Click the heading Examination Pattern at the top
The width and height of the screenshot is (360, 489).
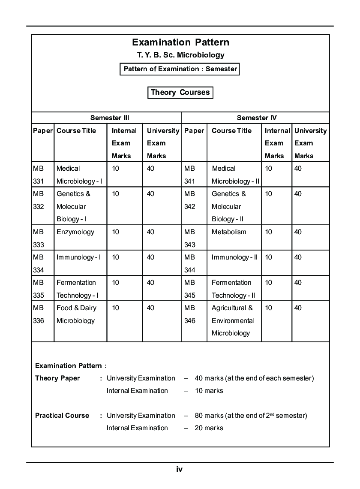point(180,42)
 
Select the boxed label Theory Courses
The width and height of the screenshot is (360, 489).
point(180,92)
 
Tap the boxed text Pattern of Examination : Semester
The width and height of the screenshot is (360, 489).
point(180,69)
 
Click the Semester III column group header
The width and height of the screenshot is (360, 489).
point(109,118)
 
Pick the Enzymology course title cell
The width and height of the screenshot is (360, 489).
point(75,232)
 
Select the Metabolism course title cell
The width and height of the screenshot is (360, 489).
point(229,232)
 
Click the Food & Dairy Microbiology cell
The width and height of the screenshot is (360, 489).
point(76,314)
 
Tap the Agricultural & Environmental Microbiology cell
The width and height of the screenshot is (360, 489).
point(232,320)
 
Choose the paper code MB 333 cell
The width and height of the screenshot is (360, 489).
point(38,238)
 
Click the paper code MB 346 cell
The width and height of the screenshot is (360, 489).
point(189,314)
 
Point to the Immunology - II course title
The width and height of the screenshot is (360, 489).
point(234,257)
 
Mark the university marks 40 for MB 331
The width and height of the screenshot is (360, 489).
point(150,169)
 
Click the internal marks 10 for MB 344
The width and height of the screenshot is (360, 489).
point(268,257)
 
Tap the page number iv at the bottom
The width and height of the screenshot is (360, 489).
point(179,469)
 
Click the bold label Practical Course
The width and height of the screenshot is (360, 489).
point(62,415)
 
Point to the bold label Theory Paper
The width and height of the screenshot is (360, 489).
point(57,378)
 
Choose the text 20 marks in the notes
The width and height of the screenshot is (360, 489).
point(209,428)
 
